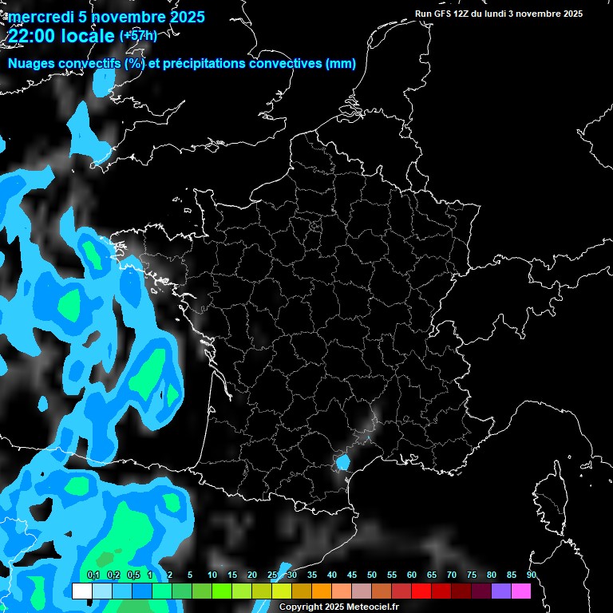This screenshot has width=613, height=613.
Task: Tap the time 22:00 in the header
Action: click(x=30, y=36)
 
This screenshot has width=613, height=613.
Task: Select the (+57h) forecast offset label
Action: click(x=138, y=35)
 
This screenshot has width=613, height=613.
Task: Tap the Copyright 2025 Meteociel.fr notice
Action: click(x=338, y=607)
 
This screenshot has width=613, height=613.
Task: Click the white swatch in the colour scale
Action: click(x=81, y=591)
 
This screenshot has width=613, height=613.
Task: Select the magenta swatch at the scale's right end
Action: click(x=521, y=591)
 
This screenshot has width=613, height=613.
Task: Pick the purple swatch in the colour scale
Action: click(x=501, y=591)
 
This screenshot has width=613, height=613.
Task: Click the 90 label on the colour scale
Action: click(x=531, y=575)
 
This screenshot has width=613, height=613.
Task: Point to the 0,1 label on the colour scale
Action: click(x=93, y=575)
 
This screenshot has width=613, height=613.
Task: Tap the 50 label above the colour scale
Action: click(x=372, y=575)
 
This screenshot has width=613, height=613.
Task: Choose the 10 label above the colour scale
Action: click(x=212, y=575)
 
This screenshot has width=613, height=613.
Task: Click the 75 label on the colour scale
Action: click(x=472, y=575)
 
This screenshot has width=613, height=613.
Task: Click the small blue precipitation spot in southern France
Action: click(x=342, y=461)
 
